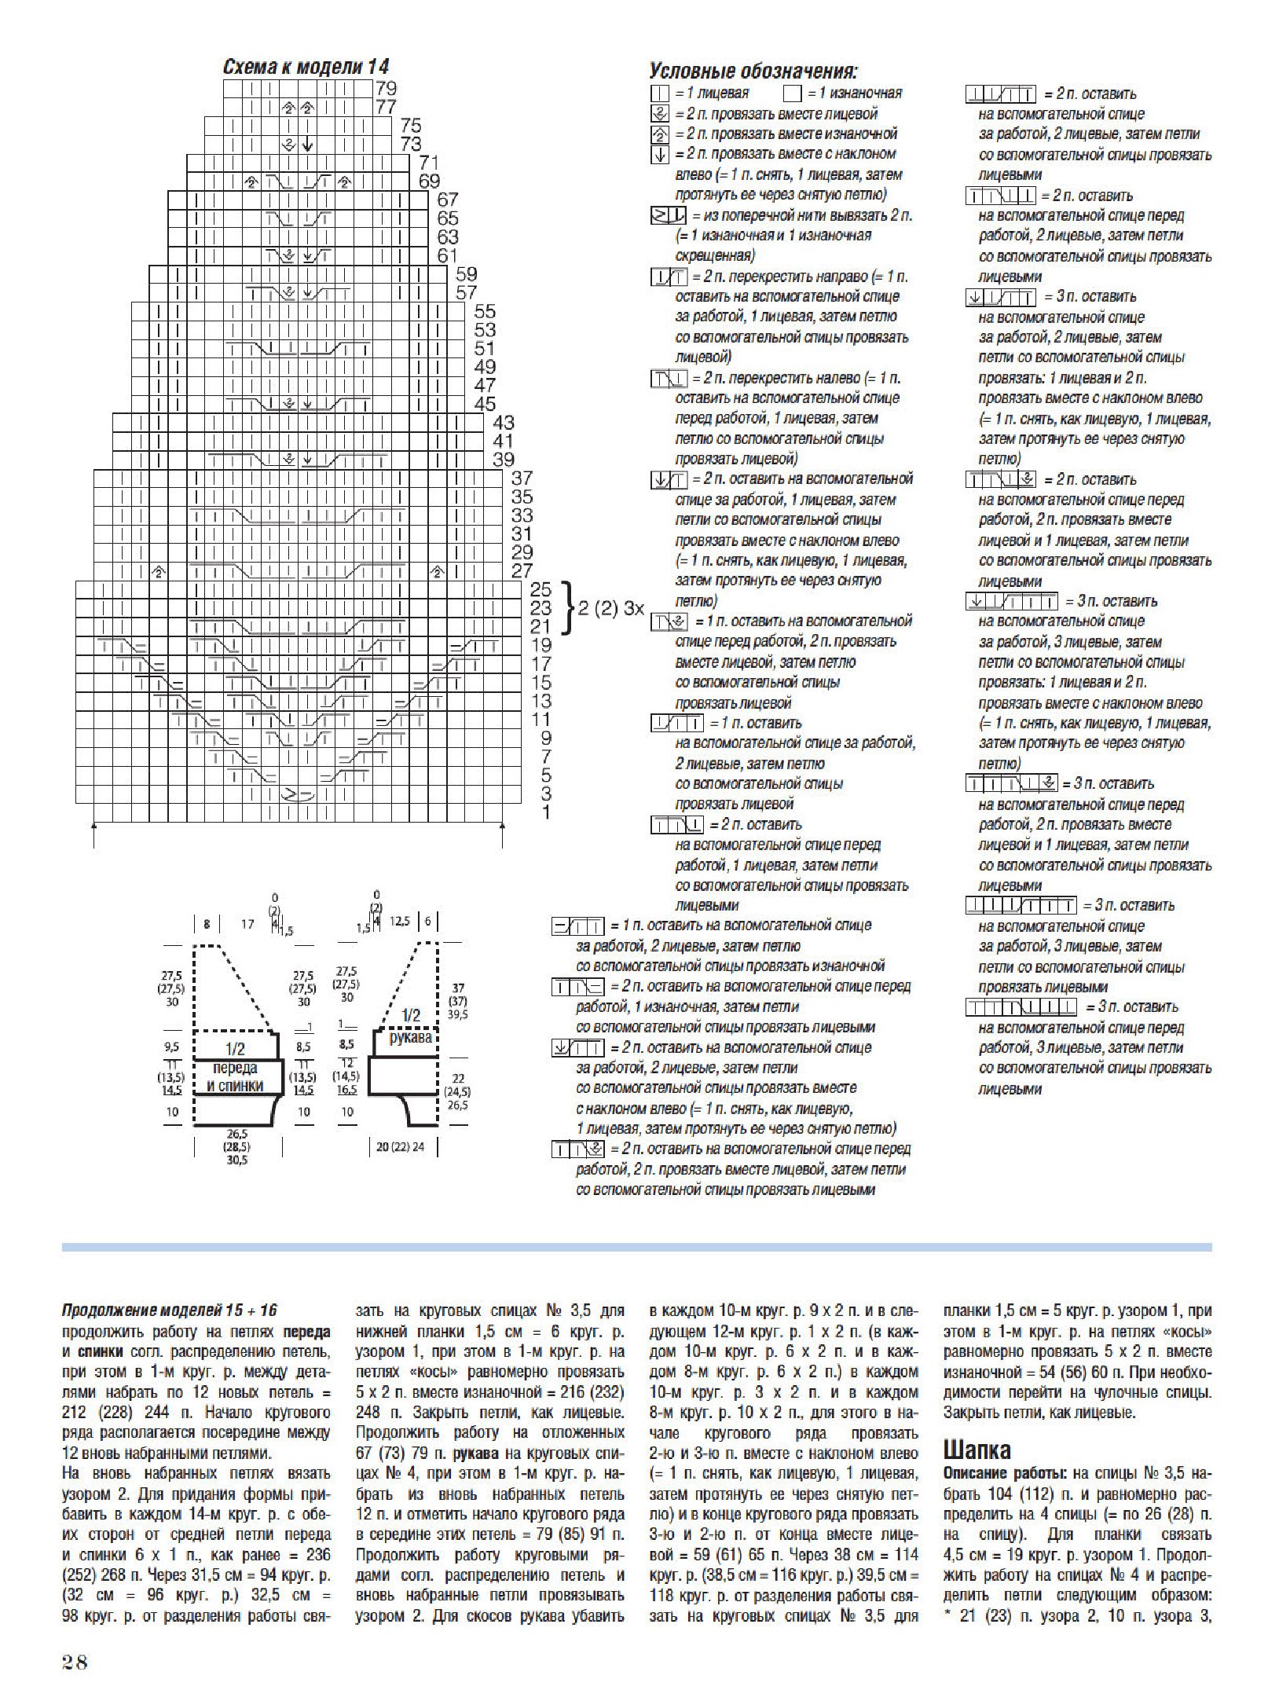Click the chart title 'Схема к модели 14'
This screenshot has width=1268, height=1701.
click(x=306, y=67)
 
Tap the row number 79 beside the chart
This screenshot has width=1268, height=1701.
click(x=386, y=88)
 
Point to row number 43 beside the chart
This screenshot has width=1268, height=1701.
click(x=503, y=422)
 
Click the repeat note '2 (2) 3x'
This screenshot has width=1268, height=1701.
click(x=610, y=608)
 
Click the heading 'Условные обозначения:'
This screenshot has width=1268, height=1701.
click(x=753, y=71)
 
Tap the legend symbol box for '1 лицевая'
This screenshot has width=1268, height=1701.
click(x=659, y=93)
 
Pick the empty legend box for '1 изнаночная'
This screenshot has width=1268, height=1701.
click(x=792, y=93)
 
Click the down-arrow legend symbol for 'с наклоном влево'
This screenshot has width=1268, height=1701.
click(x=659, y=155)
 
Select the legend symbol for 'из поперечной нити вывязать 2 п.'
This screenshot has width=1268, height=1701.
click(x=668, y=215)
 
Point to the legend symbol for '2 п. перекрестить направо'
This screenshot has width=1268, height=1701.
click(x=669, y=277)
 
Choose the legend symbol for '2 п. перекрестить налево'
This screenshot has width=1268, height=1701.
click(x=669, y=379)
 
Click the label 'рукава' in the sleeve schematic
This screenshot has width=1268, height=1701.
click(x=410, y=1037)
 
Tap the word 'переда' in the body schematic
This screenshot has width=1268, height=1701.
click(x=234, y=1068)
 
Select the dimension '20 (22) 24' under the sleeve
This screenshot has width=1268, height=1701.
click(x=400, y=1147)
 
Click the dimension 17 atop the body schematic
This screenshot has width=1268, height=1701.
click(x=247, y=924)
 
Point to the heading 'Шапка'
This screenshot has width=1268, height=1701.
click(x=977, y=1450)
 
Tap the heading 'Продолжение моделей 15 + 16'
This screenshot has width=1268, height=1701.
click(x=170, y=1310)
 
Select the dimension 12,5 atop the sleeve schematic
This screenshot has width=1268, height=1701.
click(x=400, y=921)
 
